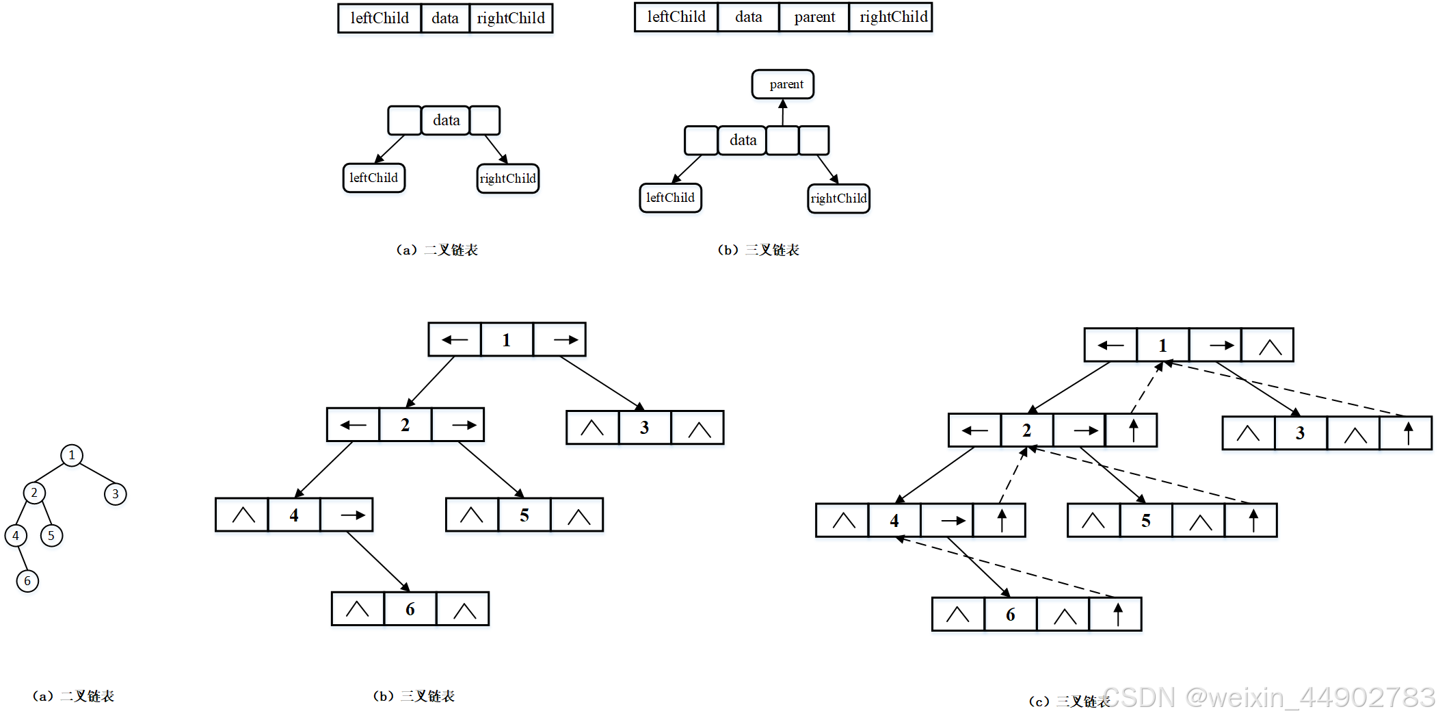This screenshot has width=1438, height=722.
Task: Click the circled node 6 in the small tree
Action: (27, 581)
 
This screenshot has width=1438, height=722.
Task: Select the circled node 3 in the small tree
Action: (116, 493)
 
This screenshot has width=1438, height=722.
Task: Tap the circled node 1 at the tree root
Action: (72, 455)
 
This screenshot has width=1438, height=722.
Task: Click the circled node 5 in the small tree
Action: (51, 535)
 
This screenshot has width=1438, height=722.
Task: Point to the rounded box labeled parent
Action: (783, 84)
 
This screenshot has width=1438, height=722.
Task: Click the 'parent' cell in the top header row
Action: (814, 17)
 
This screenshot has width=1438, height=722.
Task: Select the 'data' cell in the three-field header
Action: (445, 18)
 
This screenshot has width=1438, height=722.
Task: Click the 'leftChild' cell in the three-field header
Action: (380, 18)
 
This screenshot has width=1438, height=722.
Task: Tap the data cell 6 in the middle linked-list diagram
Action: (410, 609)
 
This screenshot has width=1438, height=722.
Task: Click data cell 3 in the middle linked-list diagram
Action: (645, 428)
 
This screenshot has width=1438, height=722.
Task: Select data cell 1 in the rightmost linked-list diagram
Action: (1162, 346)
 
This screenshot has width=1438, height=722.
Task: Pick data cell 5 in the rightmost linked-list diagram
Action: (1146, 521)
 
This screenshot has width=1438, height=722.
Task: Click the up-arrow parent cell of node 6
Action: (1117, 615)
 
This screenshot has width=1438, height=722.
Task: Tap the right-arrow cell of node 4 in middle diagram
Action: (347, 515)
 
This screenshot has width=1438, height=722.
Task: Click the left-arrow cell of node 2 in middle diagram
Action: (353, 425)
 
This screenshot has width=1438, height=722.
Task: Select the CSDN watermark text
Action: (1268, 697)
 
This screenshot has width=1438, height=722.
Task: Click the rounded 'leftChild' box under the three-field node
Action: (373, 178)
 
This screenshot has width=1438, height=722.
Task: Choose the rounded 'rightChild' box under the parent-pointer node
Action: (838, 198)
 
